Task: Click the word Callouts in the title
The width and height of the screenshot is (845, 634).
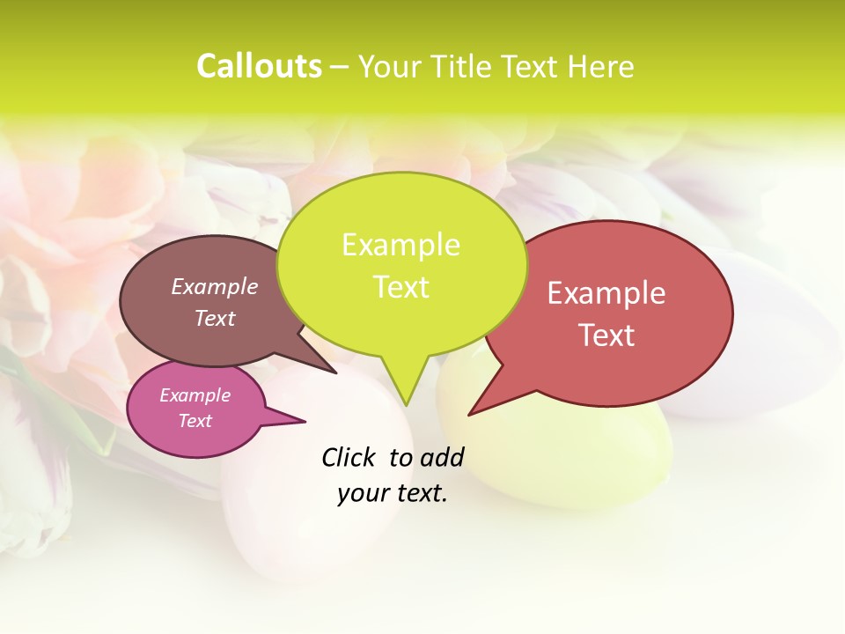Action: pyautogui.click(x=259, y=67)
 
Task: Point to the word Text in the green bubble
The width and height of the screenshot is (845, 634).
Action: pyautogui.click(x=400, y=287)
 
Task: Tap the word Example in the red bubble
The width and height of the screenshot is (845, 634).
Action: pyautogui.click(x=606, y=293)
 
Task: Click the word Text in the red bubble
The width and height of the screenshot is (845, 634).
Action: pyautogui.click(x=606, y=335)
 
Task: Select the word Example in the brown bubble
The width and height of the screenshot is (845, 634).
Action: pyautogui.click(x=215, y=287)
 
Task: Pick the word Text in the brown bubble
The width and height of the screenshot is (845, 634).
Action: pyautogui.click(x=215, y=319)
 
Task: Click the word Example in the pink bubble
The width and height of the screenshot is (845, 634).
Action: pyautogui.click(x=195, y=395)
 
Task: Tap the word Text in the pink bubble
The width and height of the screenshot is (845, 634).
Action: pyautogui.click(x=195, y=421)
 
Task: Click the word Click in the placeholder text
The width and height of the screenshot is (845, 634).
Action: pyautogui.click(x=349, y=457)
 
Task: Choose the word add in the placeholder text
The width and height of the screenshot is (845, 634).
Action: pyautogui.click(x=442, y=457)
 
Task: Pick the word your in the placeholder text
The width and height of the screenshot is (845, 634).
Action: pyautogui.click(x=363, y=494)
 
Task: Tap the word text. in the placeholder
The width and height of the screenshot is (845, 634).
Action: pyautogui.click(x=421, y=494)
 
